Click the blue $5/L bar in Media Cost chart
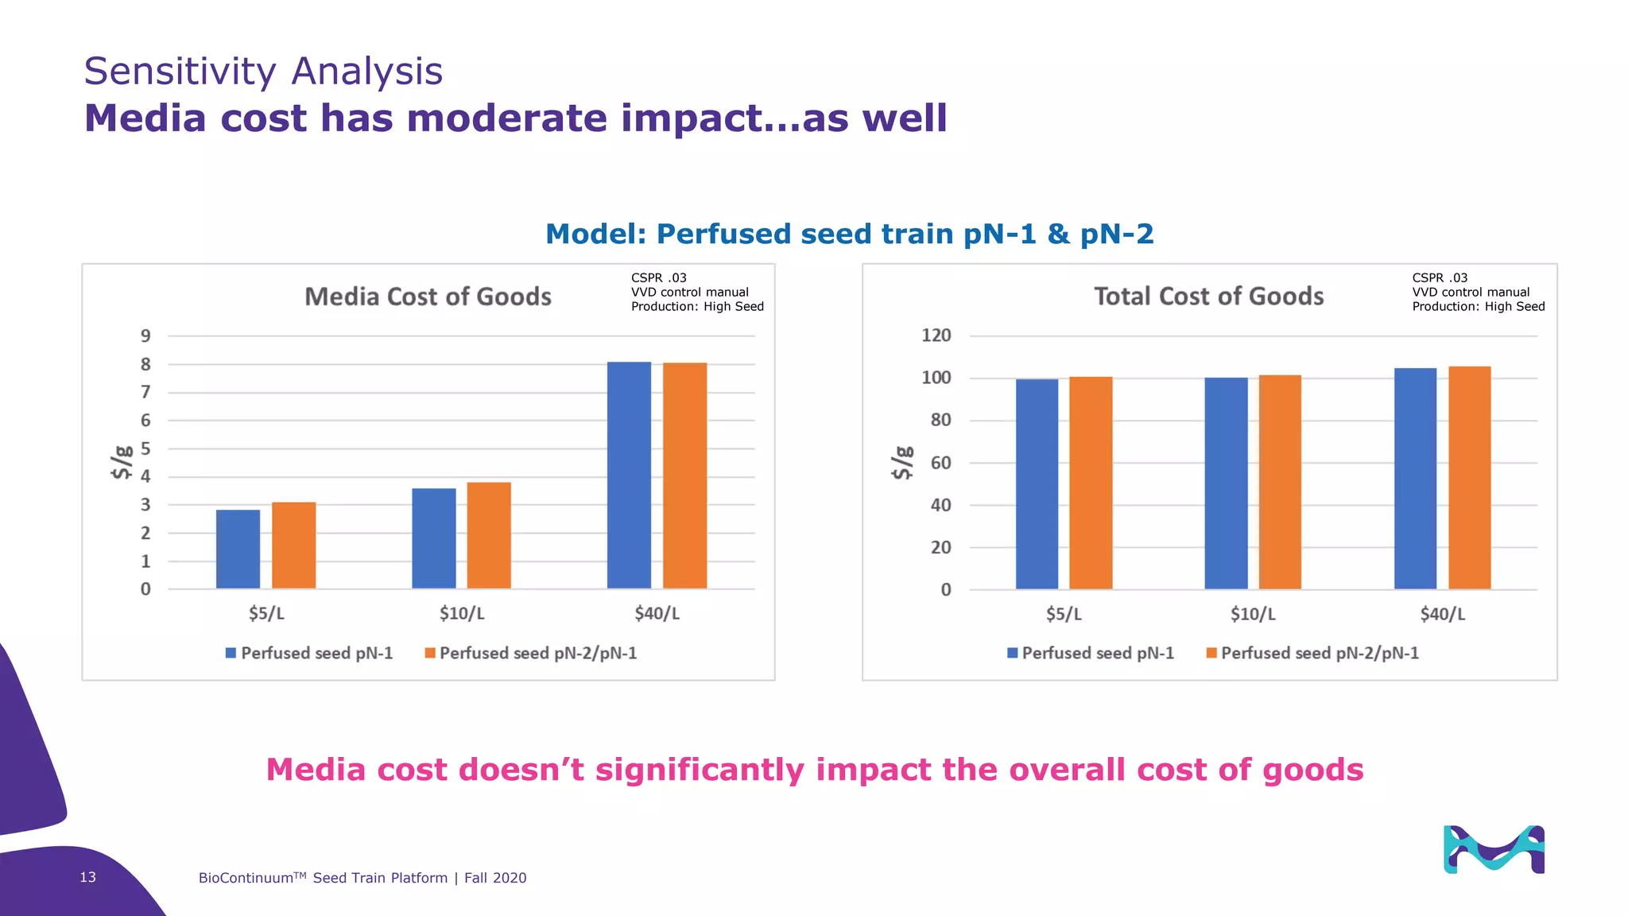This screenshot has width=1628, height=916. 238,549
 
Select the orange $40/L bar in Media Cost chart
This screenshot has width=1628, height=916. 684,475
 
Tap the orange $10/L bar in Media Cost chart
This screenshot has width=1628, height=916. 489,535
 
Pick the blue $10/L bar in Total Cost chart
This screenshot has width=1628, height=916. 1226,483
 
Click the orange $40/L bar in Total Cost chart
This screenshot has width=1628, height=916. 1469,478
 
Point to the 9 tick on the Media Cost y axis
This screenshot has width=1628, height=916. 145,336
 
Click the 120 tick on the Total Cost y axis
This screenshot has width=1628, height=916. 936,336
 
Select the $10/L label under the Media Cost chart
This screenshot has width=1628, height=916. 462,614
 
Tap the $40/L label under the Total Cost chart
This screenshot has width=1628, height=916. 1442,614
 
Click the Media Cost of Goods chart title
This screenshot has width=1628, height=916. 428,297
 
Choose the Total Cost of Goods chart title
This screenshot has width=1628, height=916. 1208,297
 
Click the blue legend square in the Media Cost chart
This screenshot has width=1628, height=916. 231,653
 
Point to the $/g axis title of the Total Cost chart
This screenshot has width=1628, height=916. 901,463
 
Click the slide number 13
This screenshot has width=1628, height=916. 87,877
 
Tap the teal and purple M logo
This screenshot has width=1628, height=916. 1493,850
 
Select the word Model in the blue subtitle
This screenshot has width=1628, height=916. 595,234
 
